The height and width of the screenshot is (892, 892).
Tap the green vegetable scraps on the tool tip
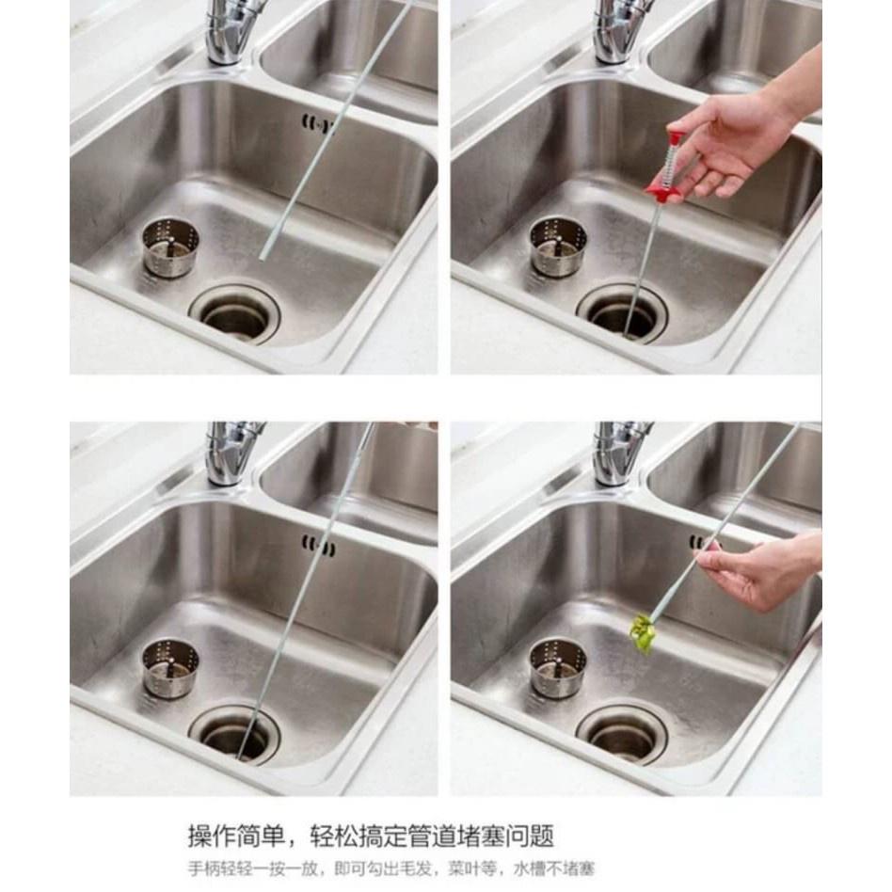[x=644, y=634]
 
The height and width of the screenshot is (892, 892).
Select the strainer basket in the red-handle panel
[x=558, y=247]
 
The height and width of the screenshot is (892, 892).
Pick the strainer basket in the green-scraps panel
[x=558, y=667]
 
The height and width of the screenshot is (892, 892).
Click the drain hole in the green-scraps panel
[x=622, y=732]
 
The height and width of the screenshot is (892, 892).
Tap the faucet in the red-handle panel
[x=621, y=33]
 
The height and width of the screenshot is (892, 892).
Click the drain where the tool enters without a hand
[x=235, y=732]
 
